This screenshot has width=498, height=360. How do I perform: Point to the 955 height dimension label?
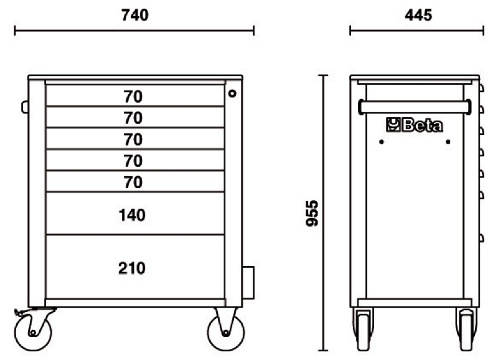click(313, 213)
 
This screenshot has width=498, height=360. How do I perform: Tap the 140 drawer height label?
click(132, 216)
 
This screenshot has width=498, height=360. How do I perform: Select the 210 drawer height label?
click(132, 268)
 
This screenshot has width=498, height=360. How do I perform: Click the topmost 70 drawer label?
click(133, 97)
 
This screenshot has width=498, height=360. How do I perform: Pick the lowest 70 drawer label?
click(133, 182)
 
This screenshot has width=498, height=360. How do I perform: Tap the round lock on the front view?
click(232, 93)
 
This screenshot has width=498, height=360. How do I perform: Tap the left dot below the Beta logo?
click(382, 141)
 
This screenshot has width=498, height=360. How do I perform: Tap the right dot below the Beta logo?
click(448, 141)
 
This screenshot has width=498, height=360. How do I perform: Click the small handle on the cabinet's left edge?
click(25, 107)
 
